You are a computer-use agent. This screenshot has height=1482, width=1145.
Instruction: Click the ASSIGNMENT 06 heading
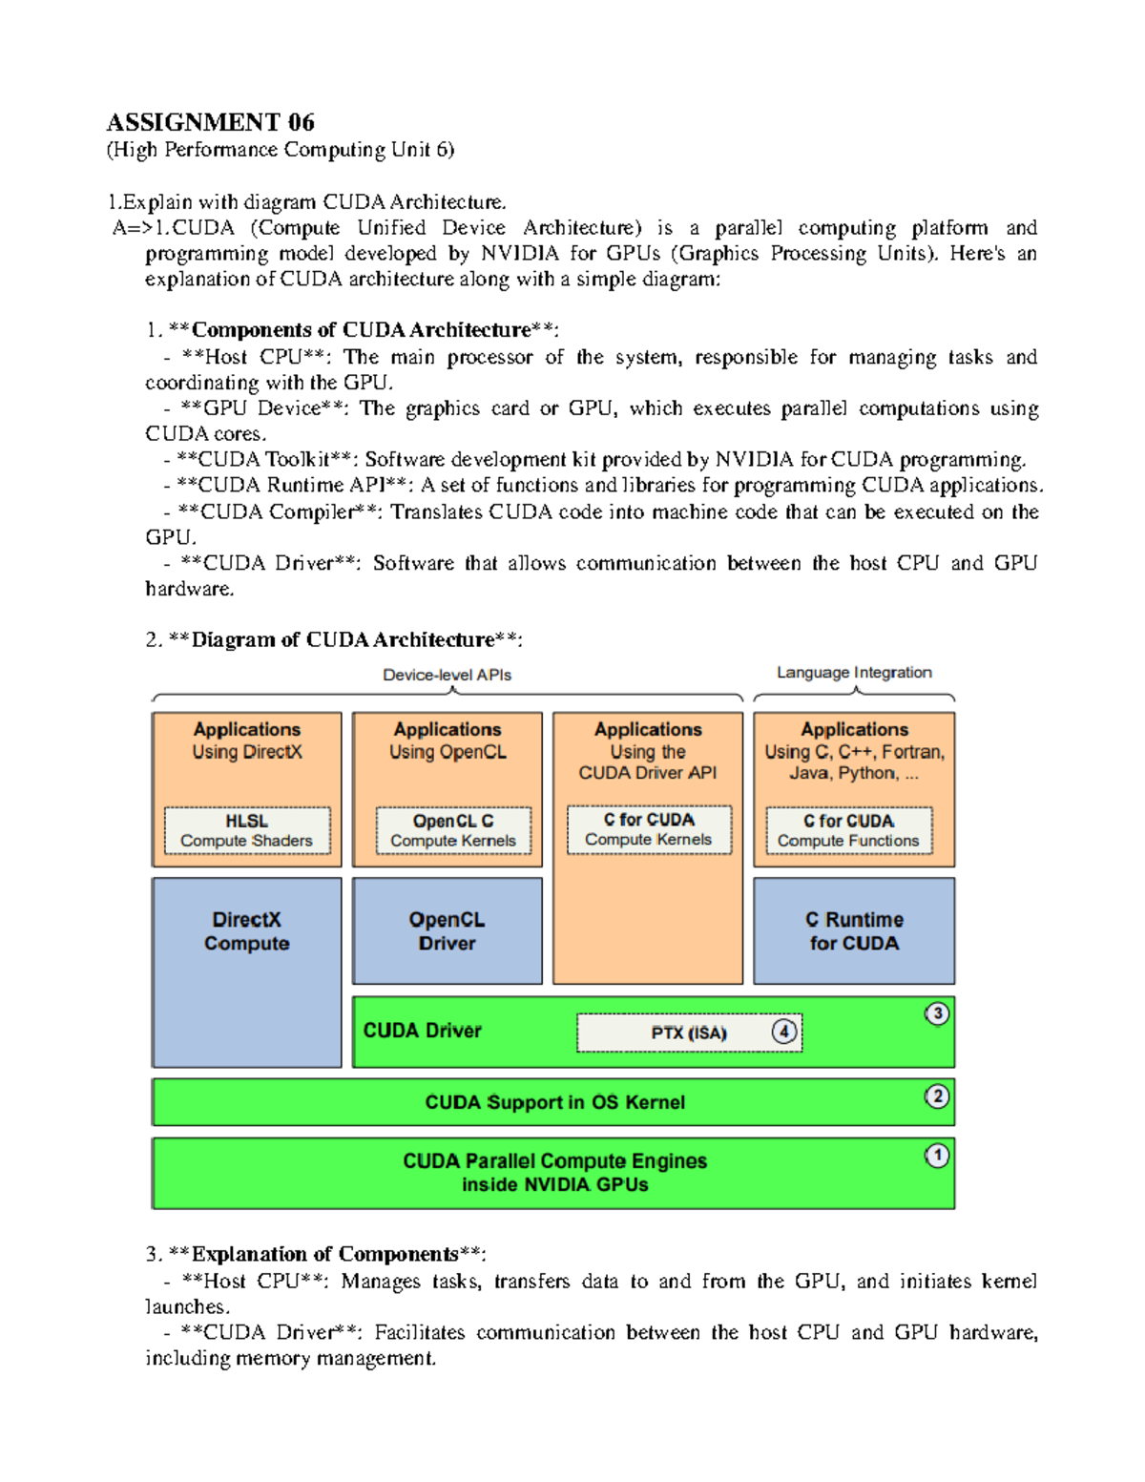pos(210,122)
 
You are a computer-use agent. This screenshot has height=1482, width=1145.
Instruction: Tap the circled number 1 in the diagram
pos(937,1156)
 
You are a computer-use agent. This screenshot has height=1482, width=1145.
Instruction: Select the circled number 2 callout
pos(937,1096)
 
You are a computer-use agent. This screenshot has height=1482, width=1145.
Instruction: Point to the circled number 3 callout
pos(937,1013)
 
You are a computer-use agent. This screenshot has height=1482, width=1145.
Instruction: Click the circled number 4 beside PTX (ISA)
pos(784,1032)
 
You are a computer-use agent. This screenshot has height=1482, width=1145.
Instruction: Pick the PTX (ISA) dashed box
pos(689,1033)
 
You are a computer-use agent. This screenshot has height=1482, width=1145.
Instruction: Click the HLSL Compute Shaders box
pos(246,830)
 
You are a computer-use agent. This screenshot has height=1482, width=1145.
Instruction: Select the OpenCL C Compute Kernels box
pos(453,830)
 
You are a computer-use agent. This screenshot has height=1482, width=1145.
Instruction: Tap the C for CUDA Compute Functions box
pos(848,830)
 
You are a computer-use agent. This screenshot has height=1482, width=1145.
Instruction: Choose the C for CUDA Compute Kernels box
pos(649,829)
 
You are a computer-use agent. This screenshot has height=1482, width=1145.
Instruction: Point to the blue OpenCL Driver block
pos(447,931)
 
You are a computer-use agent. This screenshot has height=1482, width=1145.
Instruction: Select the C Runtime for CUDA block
pos(854,931)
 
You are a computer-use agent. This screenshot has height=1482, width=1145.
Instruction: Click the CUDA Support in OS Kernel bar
pos(553,1102)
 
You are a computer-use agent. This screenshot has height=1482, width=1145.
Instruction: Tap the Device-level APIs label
pos(447,675)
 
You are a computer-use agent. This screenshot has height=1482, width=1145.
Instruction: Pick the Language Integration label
pos(854,673)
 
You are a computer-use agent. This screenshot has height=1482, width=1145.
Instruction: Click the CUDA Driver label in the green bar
pos(422,1031)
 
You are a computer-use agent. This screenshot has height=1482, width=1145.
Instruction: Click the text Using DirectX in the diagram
pos(246,752)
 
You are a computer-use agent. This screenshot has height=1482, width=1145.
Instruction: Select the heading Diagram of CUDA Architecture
pos(343,639)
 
